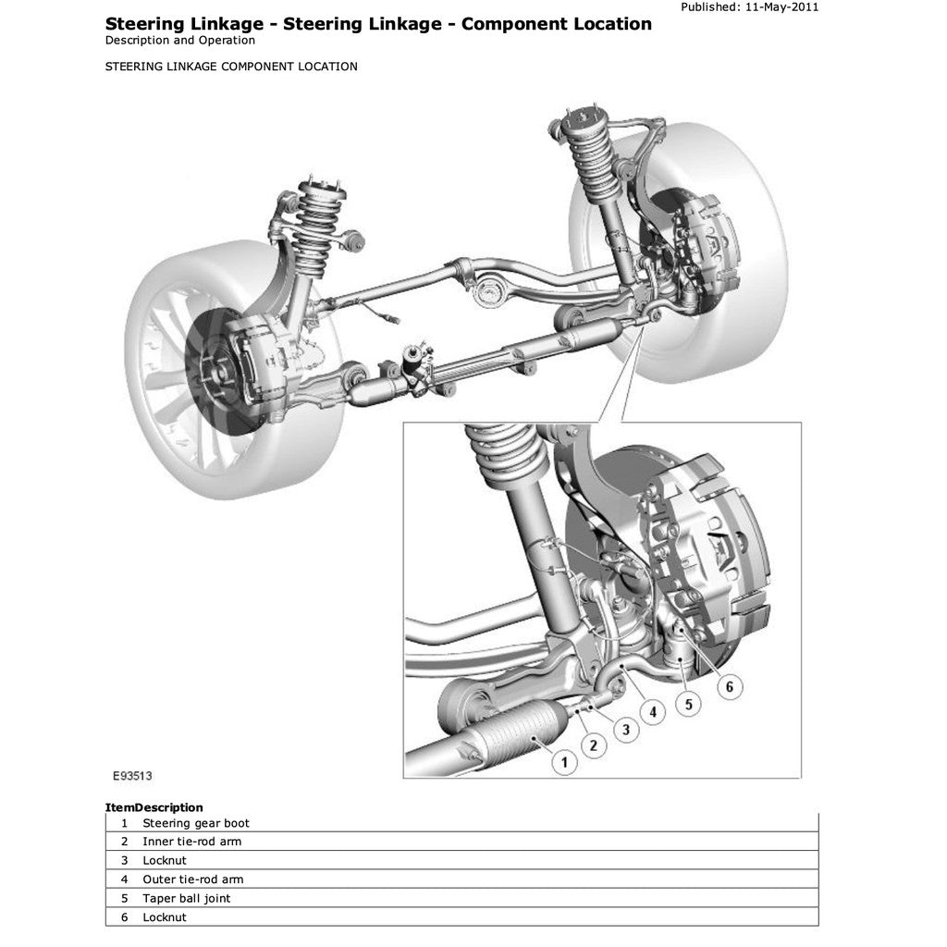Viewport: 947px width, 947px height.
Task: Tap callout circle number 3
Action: [626, 730]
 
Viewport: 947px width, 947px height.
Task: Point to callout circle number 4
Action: [653, 712]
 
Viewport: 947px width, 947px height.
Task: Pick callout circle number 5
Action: [687, 705]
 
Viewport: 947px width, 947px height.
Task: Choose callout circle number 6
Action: [729, 686]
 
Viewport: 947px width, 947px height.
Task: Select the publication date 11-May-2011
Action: [782, 6]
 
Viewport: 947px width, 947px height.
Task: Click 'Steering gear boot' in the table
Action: [196, 823]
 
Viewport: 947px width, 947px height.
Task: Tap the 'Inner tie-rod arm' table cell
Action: [191, 842]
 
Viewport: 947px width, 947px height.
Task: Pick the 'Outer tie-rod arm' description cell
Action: [193, 879]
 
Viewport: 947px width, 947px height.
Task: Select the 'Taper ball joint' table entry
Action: [187, 898]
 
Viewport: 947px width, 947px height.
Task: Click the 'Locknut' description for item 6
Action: [165, 917]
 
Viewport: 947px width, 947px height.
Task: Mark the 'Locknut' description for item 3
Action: [165, 860]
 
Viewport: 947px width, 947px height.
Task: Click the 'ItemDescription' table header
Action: [154, 807]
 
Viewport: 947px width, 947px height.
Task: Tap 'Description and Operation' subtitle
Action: [180, 41]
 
